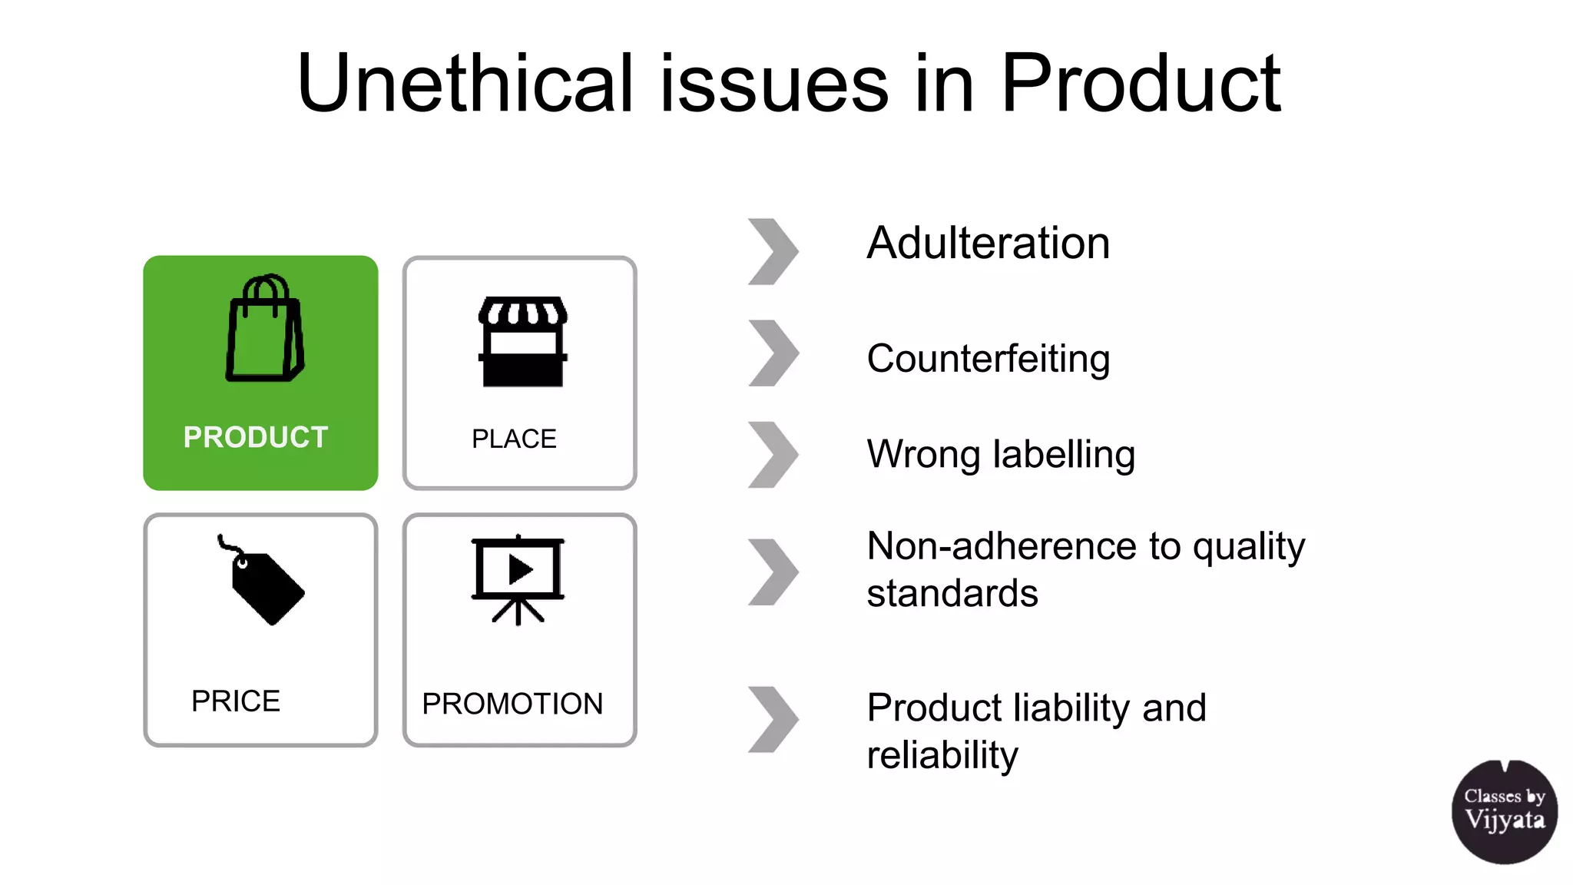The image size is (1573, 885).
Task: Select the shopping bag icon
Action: [264, 328]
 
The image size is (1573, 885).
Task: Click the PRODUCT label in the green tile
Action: [256, 437]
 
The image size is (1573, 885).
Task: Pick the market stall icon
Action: [522, 341]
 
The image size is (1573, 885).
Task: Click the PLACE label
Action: [514, 439]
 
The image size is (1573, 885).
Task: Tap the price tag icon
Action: [263, 582]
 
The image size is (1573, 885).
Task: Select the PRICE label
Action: [236, 701]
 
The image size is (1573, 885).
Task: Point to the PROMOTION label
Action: [512, 704]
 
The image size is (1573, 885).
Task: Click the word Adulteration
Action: [988, 244]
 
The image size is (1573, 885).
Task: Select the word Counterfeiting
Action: [988, 359]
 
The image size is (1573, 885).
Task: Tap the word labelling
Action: [1064, 454]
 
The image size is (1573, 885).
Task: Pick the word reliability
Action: [942, 755]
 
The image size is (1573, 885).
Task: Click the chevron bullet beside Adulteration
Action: [773, 252]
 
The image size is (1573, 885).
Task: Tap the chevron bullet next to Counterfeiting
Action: [773, 353]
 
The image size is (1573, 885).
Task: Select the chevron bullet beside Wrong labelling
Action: [773, 454]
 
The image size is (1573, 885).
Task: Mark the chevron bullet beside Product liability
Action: [773, 719]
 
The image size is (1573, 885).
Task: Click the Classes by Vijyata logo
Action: [1504, 811]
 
